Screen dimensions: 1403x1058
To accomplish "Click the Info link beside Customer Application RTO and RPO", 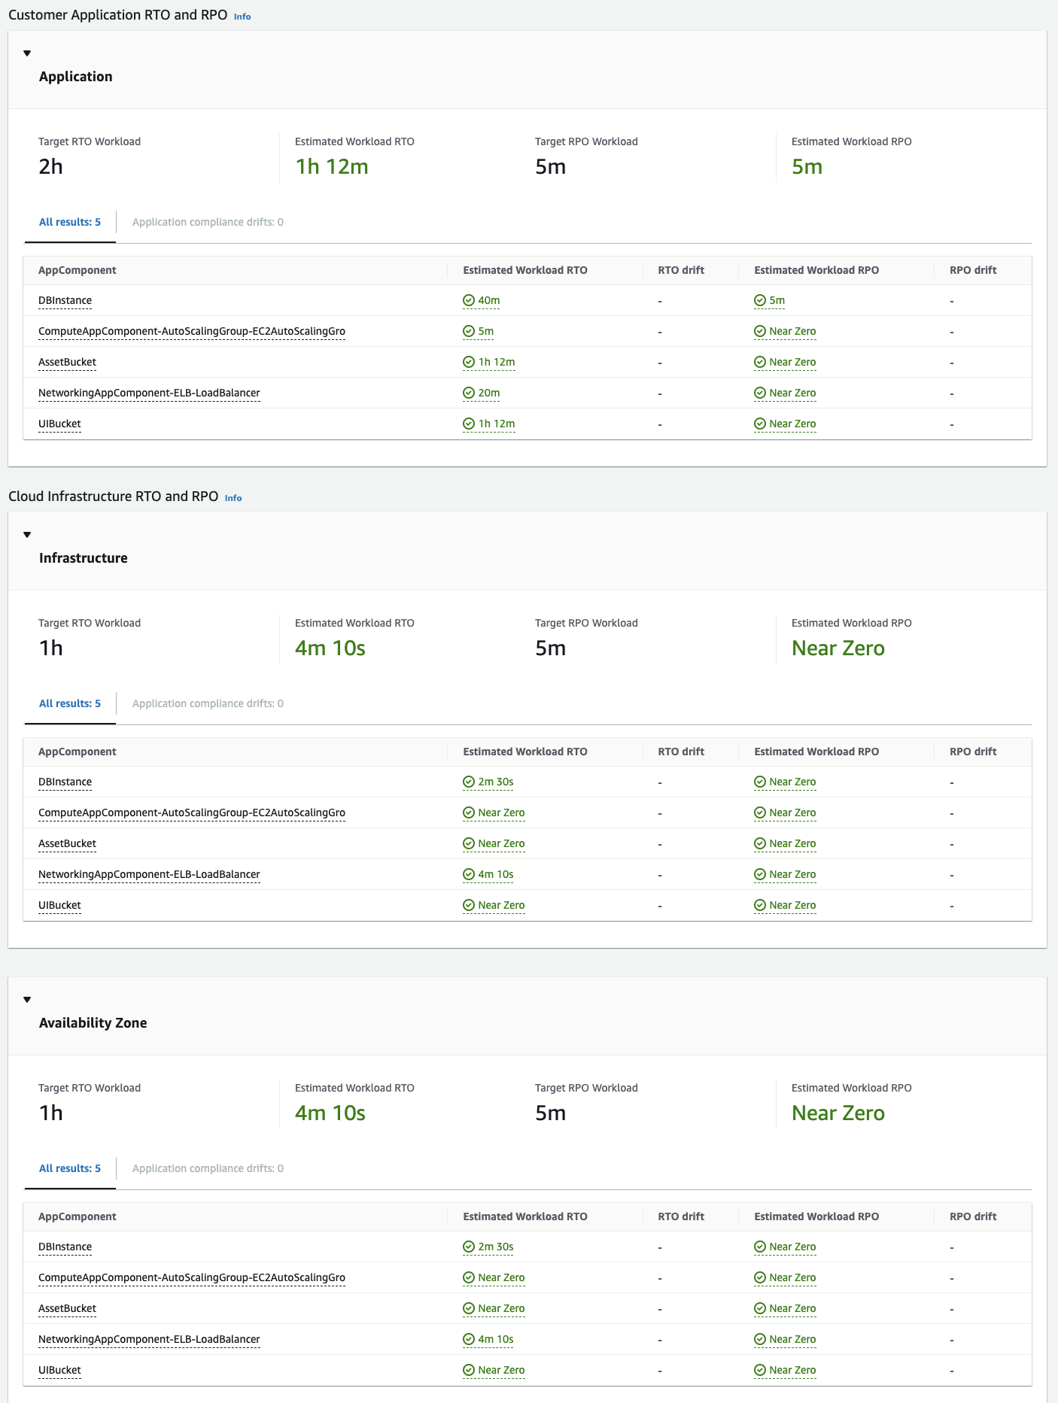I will (242, 17).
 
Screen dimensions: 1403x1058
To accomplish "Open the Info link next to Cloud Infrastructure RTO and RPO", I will (233, 498).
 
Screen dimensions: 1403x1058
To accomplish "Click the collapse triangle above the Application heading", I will (27, 53).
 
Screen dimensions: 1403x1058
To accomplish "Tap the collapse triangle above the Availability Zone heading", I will (27, 1000).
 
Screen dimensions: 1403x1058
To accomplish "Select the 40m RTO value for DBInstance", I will (488, 301).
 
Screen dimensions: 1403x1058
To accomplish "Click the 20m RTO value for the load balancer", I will (488, 393).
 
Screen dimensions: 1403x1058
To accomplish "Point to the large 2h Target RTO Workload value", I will (51, 167).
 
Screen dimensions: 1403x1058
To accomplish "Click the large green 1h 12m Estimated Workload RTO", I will (332, 167).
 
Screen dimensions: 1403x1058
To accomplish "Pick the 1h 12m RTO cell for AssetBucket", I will (496, 363).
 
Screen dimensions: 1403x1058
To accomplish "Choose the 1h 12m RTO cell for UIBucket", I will (496, 424).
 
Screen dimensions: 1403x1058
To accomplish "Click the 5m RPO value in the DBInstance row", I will (777, 301).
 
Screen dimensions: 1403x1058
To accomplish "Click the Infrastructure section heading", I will (84, 558).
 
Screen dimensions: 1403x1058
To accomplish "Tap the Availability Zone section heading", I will (93, 1023).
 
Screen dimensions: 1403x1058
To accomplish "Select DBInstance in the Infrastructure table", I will (65, 782).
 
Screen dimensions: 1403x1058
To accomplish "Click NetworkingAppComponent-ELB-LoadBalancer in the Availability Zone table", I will (149, 1340).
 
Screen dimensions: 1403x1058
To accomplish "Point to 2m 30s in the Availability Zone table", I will (495, 1247).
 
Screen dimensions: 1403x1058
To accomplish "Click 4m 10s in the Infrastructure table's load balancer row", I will (495, 875).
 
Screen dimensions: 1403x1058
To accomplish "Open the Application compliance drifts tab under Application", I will (208, 223).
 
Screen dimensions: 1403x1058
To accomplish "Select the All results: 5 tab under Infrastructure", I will (70, 704).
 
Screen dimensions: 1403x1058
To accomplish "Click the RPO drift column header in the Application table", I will (973, 271).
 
